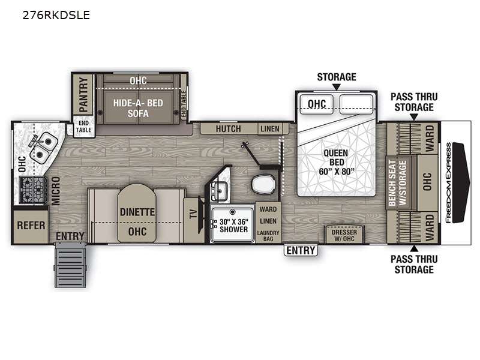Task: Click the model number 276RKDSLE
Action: (x=56, y=15)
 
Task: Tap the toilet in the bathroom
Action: (x=264, y=184)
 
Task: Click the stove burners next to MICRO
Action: (x=33, y=190)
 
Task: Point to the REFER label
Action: (x=31, y=226)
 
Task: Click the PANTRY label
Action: (x=83, y=94)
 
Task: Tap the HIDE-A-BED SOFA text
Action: (x=138, y=108)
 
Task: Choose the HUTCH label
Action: (x=229, y=129)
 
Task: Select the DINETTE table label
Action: (x=137, y=212)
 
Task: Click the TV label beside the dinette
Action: (x=193, y=214)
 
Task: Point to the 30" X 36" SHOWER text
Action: (x=233, y=226)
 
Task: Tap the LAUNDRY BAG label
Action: (x=268, y=235)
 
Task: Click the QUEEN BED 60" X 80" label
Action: (x=337, y=162)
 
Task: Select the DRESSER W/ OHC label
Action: (x=344, y=235)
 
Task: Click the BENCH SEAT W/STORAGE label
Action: (x=397, y=183)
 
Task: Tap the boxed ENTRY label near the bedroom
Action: (x=301, y=250)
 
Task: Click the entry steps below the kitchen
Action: (x=70, y=265)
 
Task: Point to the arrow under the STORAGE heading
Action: (x=337, y=87)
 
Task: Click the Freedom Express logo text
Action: (x=448, y=183)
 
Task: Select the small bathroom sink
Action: (x=220, y=191)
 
